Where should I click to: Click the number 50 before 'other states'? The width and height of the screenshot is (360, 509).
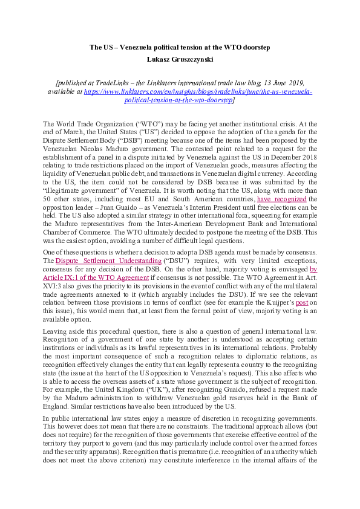[47, 182]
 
